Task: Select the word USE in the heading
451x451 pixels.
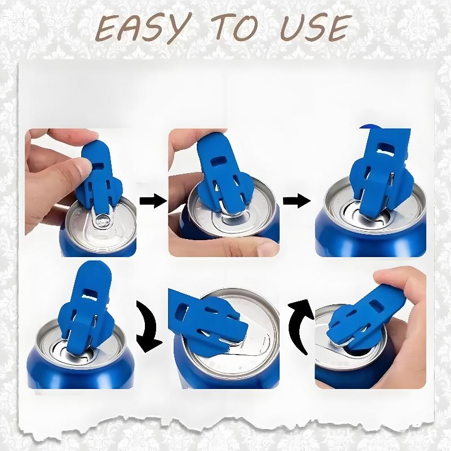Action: pyautogui.click(x=316, y=28)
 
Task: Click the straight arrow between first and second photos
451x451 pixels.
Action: pyautogui.click(x=153, y=201)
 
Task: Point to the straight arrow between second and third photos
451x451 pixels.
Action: pyautogui.click(x=297, y=201)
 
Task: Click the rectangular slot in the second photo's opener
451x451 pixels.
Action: pyautogui.click(x=218, y=161)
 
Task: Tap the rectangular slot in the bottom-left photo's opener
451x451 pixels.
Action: pyautogui.click(x=90, y=291)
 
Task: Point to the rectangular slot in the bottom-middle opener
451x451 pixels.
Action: pyautogui.click(x=182, y=312)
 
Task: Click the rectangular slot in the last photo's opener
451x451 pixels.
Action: pyautogui.click(x=375, y=306)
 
